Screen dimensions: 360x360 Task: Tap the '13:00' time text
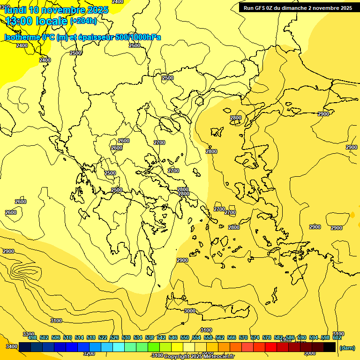[x=19, y=21]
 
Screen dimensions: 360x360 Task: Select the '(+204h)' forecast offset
[x=83, y=21]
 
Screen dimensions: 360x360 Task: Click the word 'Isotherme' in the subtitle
[x=22, y=37]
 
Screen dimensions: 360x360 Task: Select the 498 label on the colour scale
[x=32, y=337]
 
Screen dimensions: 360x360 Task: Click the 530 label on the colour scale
[x=126, y=337]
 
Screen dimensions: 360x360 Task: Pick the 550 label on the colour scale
[x=185, y=337]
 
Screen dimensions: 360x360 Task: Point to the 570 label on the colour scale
[x=243, y=337]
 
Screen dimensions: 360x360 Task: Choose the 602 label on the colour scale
[x=337, y=337]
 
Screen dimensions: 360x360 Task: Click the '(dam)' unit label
[x=347, y=348]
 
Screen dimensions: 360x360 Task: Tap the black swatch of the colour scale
[x=330, y=347]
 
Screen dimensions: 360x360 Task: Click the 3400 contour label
[x=12, y=346]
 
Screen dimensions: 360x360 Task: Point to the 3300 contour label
[x=28, y=334]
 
